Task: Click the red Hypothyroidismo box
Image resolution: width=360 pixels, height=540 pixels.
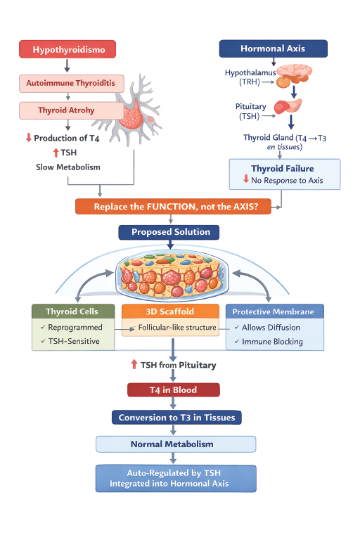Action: click(67, 49)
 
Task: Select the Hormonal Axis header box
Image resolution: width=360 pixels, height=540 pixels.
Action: click(273, 49)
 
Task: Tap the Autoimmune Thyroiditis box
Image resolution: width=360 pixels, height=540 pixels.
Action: click(71, 83)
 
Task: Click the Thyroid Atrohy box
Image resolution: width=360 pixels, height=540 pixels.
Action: click(66, 110)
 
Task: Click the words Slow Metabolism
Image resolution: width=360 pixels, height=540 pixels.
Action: click(68, 167)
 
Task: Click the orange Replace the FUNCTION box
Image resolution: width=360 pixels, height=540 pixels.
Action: click(179, 206)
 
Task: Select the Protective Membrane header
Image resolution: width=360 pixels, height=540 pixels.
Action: click(274, 311)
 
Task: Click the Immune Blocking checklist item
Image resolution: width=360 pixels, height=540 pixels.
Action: click(272, 342)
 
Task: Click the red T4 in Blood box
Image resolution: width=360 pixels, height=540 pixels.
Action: click(174, 390)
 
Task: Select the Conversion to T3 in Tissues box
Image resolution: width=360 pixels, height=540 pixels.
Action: click(177, 418)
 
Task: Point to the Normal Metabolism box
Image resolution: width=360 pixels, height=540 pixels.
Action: click(172, 444)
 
